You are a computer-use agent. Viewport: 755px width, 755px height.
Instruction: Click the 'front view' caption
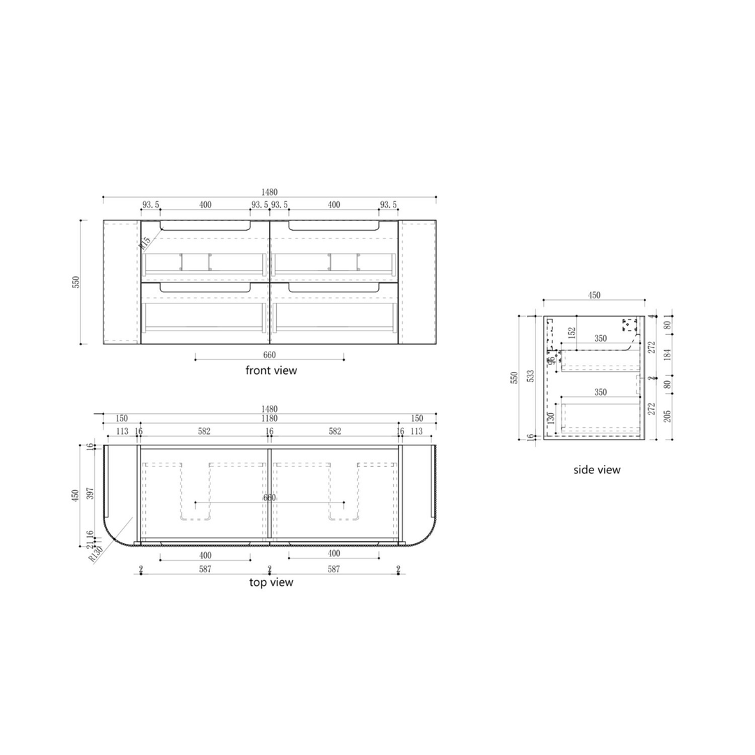click(271, 371)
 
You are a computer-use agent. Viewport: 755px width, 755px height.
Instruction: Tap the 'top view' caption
click(271, 582)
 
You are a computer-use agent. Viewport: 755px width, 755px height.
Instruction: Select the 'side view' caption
click(596, 470)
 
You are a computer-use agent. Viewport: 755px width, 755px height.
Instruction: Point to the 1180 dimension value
click(270, 419)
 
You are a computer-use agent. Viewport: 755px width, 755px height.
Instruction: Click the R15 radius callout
click(145, 243)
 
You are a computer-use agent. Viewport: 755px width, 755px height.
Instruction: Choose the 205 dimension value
click(667, 416)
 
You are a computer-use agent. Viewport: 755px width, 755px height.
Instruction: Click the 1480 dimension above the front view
click(270, 192)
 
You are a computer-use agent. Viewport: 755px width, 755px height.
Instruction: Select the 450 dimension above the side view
click(594, 296)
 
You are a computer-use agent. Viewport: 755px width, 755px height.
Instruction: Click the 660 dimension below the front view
click(269, 354)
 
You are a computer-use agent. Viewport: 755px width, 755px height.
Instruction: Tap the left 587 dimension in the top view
click(205, 570)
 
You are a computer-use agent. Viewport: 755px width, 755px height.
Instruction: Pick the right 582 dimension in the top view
click(334, 432)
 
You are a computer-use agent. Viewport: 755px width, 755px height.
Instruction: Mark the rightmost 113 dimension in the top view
click(417, 432)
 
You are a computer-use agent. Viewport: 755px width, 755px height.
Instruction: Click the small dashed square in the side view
click(631, 324)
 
